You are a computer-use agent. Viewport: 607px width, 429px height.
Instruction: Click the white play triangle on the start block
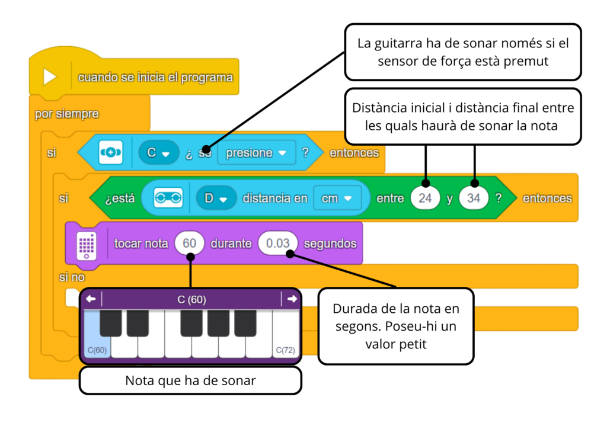coord(49,76)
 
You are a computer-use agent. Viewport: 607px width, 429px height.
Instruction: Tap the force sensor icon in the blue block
coord(110,153)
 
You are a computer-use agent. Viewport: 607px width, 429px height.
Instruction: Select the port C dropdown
coord(158,153)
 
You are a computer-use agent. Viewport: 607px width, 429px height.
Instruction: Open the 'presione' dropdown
coord(256,153)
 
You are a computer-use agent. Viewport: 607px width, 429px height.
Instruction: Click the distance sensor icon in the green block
coord(168,198)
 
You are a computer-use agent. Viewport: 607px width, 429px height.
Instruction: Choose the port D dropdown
coord(215,198)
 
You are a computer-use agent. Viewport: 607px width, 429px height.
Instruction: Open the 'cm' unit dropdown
coord(337,198)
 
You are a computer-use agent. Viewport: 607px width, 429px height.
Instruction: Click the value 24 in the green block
coord(425,198)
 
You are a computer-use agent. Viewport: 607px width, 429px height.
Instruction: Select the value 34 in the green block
coord(473,198)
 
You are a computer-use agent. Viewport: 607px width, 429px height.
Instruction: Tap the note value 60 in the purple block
coord(190,244)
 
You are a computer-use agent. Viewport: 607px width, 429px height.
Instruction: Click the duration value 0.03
coord(278,244)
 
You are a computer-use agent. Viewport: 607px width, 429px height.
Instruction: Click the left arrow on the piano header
coord(91,299)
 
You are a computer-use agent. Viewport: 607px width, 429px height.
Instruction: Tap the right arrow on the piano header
coord(292,299)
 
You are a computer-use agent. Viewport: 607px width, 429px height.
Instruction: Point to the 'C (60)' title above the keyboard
coord(191,300)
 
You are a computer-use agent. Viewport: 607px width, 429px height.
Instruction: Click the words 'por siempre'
coord(66,114)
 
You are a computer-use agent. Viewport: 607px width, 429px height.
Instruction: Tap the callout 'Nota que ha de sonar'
coord(190,380)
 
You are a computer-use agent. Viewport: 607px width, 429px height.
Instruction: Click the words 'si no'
coord(72,277)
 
